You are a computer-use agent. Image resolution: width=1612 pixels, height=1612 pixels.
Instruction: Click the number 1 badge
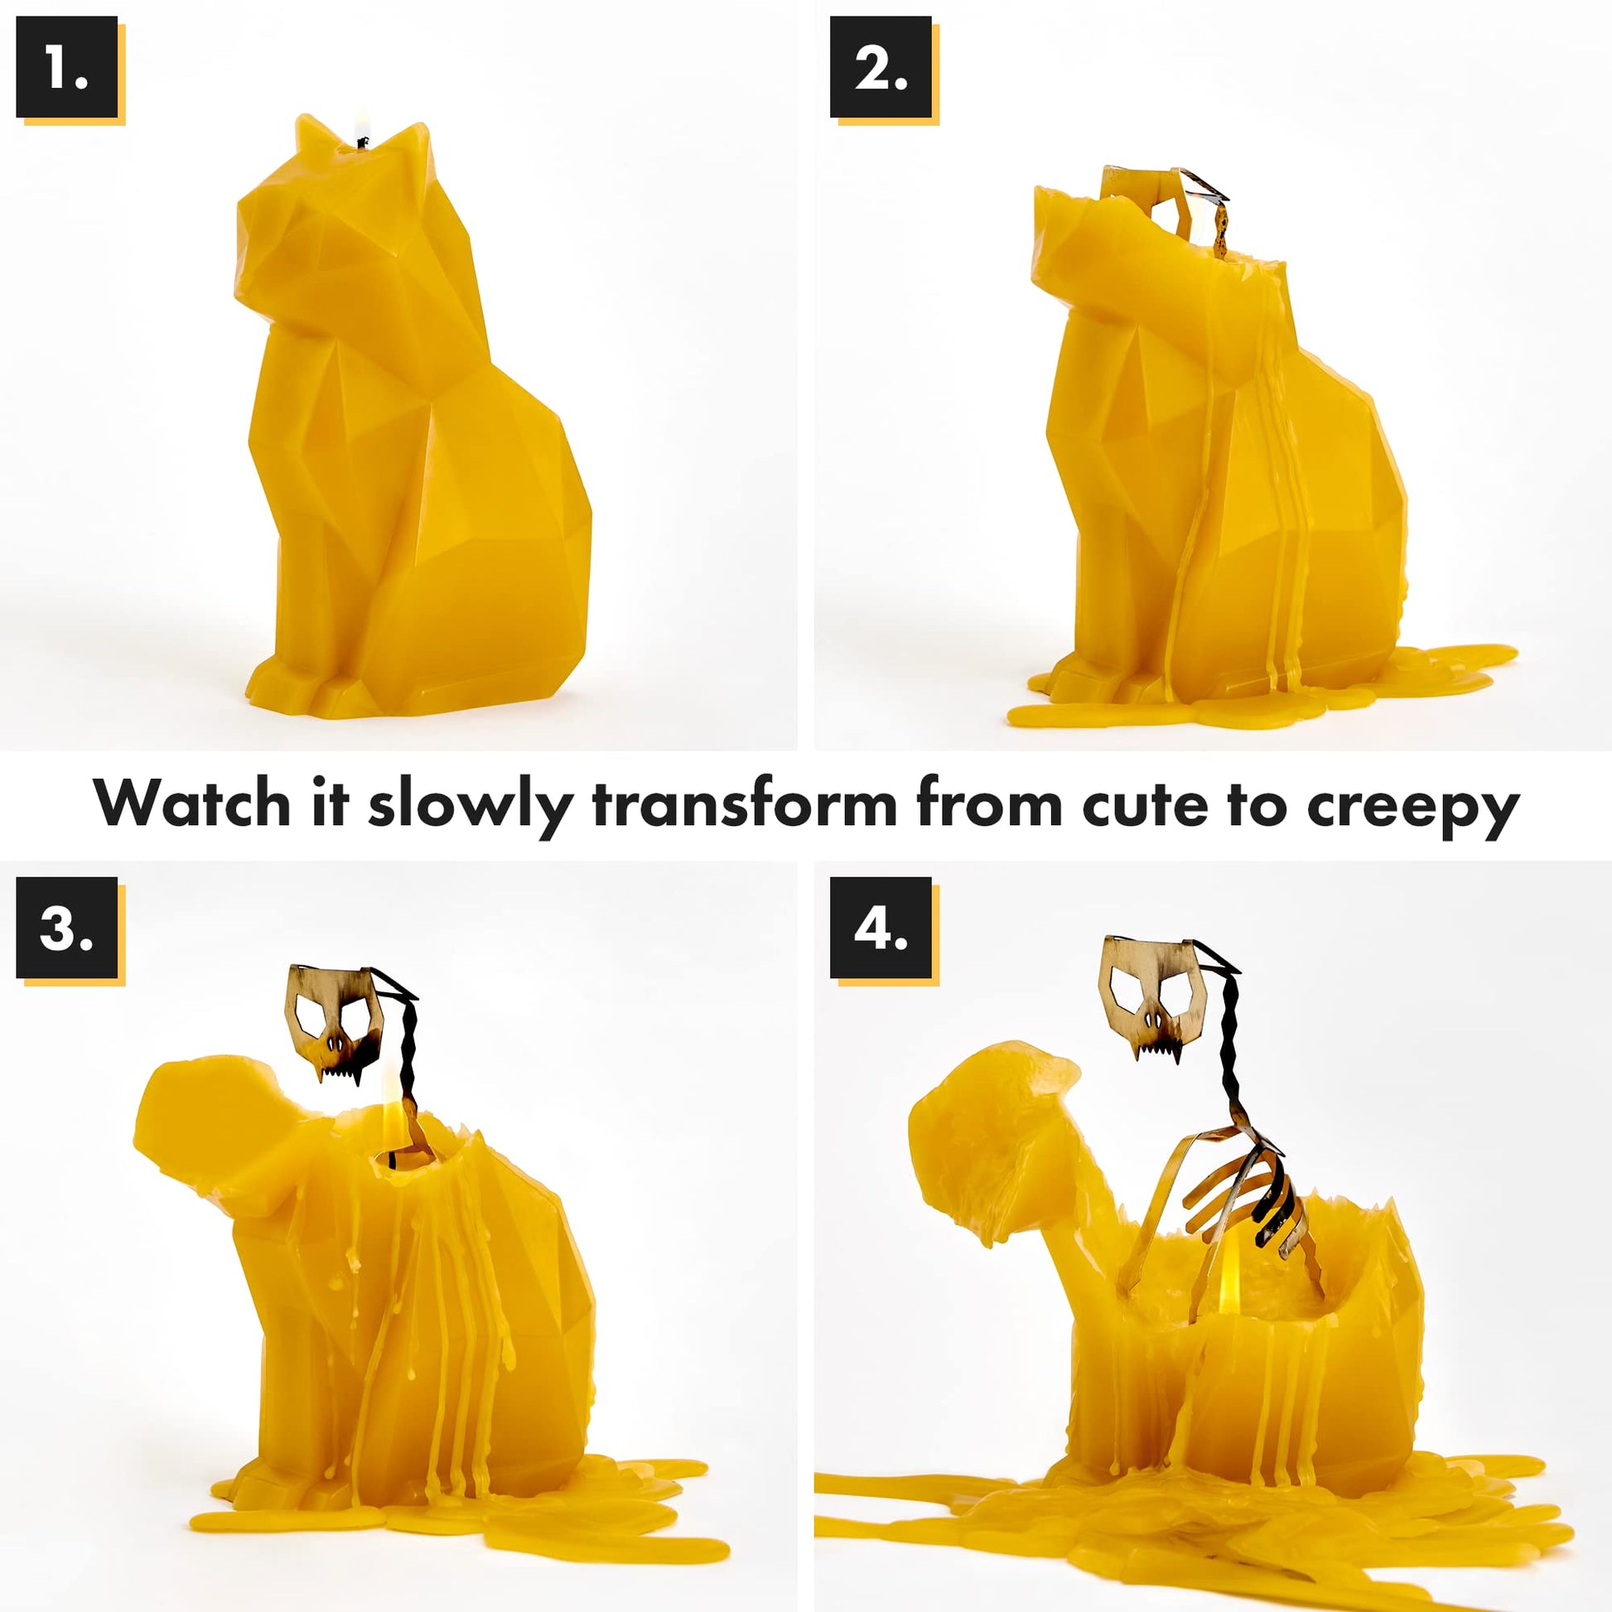click(x=67, y=67)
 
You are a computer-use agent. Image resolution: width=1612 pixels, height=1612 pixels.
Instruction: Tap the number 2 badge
click(x=881, y=67)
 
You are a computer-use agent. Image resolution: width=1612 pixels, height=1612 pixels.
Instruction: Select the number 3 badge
click(x=67, y=928)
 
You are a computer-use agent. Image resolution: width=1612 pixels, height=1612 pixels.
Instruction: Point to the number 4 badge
click(x=881, y=928)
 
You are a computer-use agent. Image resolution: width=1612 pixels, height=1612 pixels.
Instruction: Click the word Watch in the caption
click(x=192, y=803)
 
